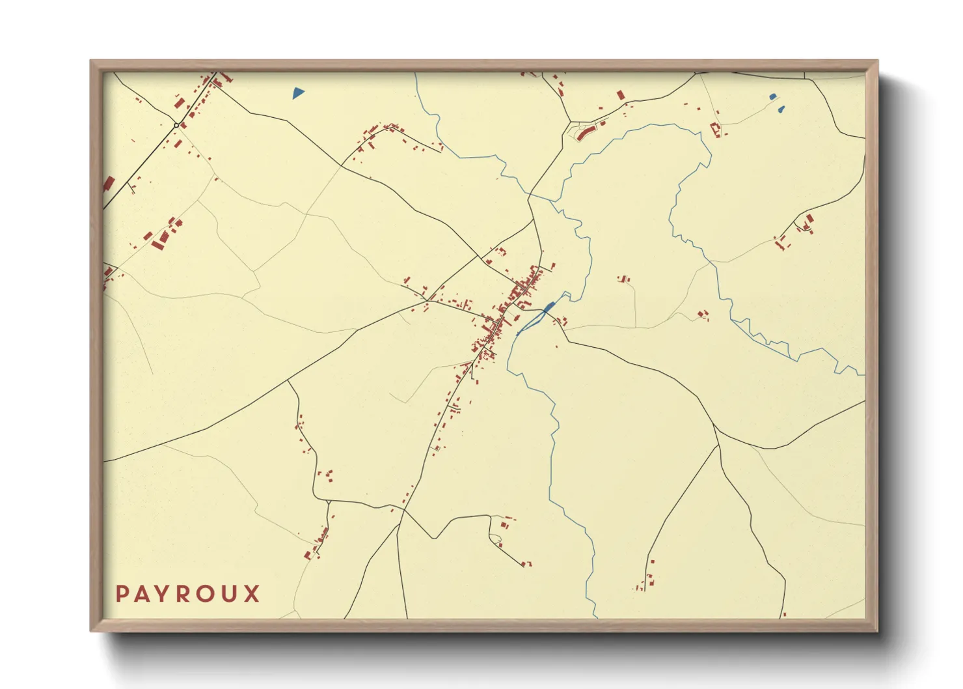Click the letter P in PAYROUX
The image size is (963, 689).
tap(122, 594)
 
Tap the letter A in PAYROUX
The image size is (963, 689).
tap(143, 594)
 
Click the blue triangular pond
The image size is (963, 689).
tap(298, 92)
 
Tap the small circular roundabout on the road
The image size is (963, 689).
tap(176, 125)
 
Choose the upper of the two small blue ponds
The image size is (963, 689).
tap(772, 97)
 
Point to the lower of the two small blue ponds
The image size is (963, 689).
tap(781, 109)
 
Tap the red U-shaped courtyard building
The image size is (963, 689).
tap(716, 129)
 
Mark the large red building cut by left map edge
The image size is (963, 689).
tap(108, 184)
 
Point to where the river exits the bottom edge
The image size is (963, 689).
tap(595, 617)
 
